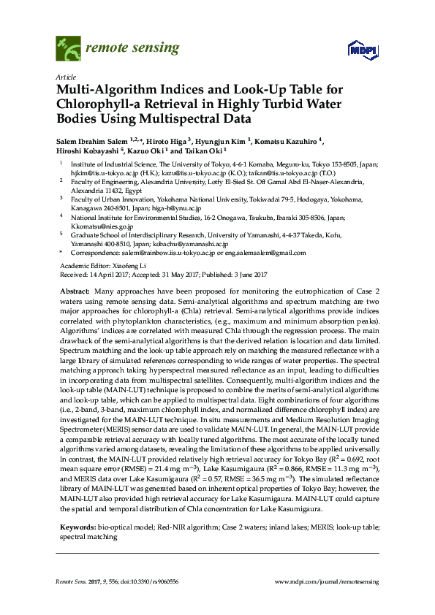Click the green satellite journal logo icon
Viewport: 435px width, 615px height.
[x=68, y=49]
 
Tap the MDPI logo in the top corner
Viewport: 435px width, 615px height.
[x=356, y=50]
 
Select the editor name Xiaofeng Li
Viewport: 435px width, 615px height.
[x=116, y=264]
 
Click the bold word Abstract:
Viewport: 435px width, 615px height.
[x=75, y=291]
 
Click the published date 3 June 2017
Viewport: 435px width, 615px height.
[x=251, y=274]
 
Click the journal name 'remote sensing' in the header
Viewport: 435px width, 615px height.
[x=132, y=49]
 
